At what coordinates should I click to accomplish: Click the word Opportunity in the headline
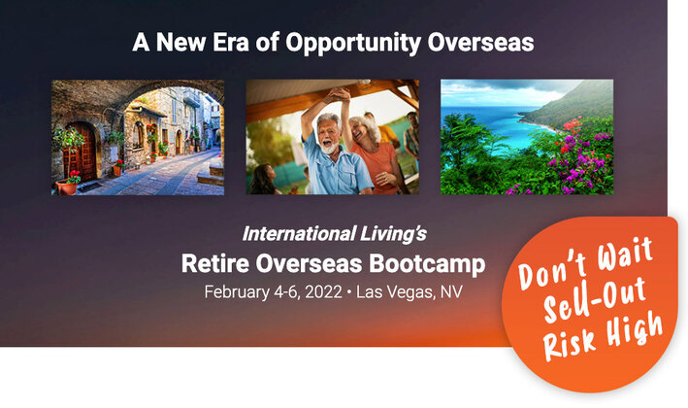coord(353,44)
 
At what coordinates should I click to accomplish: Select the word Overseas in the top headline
coord(480,42)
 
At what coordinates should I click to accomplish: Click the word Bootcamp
coord(427,264)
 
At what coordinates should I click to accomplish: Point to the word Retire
coord(215,263)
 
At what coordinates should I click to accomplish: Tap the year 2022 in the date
coord(323,292)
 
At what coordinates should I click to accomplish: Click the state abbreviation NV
coord(451,292)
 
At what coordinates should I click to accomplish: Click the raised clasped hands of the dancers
coord(341,94)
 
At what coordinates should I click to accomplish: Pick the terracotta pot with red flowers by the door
coord(67,186)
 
